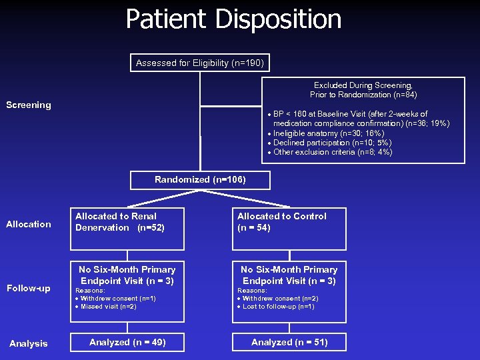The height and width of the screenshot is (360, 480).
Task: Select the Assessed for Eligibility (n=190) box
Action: click(200, 63)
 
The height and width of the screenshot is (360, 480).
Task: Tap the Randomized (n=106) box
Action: click(200, 180)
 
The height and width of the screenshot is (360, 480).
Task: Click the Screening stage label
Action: click(28, 105)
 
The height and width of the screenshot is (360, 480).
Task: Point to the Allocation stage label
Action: click(28, 224)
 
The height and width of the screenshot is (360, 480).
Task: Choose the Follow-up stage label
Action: click(28, 288)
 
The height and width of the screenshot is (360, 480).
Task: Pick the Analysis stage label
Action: click(28, 343)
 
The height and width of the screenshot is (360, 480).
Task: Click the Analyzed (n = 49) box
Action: click(127, 342)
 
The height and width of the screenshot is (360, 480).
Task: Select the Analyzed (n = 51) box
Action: click(289, 342)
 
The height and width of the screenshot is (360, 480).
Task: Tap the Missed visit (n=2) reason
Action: click(107, 307)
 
